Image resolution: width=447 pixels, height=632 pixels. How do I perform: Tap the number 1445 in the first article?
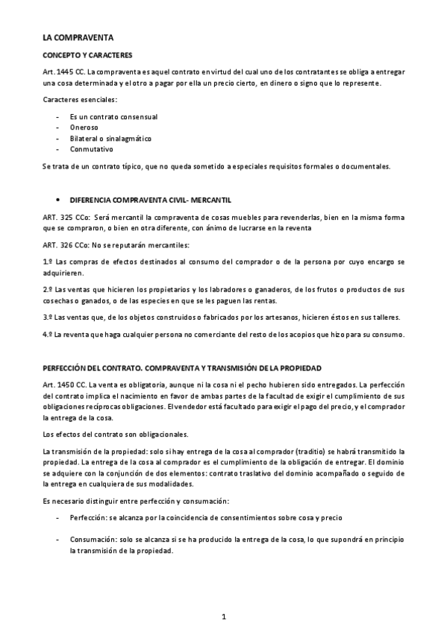[65, 72]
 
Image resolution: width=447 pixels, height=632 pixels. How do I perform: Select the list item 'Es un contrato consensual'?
[113, 116]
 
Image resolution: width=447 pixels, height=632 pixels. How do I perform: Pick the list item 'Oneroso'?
[84, 127]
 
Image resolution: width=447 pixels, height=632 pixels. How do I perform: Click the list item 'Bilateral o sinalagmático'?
[110, 139]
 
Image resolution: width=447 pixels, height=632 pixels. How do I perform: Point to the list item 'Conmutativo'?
[92, 149]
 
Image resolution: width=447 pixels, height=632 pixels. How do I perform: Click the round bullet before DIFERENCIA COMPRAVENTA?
[58, 200]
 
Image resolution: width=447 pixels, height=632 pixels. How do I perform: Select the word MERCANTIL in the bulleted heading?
[212, 200]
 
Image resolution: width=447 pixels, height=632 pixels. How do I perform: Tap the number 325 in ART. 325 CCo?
[66, 216]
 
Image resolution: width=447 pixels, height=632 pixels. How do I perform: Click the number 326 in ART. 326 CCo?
[66, 244]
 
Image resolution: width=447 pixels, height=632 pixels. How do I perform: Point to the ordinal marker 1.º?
[48, 262]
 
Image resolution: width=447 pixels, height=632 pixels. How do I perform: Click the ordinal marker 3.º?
[48, 317]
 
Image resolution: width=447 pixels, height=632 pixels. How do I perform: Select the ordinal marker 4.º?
[48, 334]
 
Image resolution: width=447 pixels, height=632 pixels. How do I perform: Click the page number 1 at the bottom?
[223, 616]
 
